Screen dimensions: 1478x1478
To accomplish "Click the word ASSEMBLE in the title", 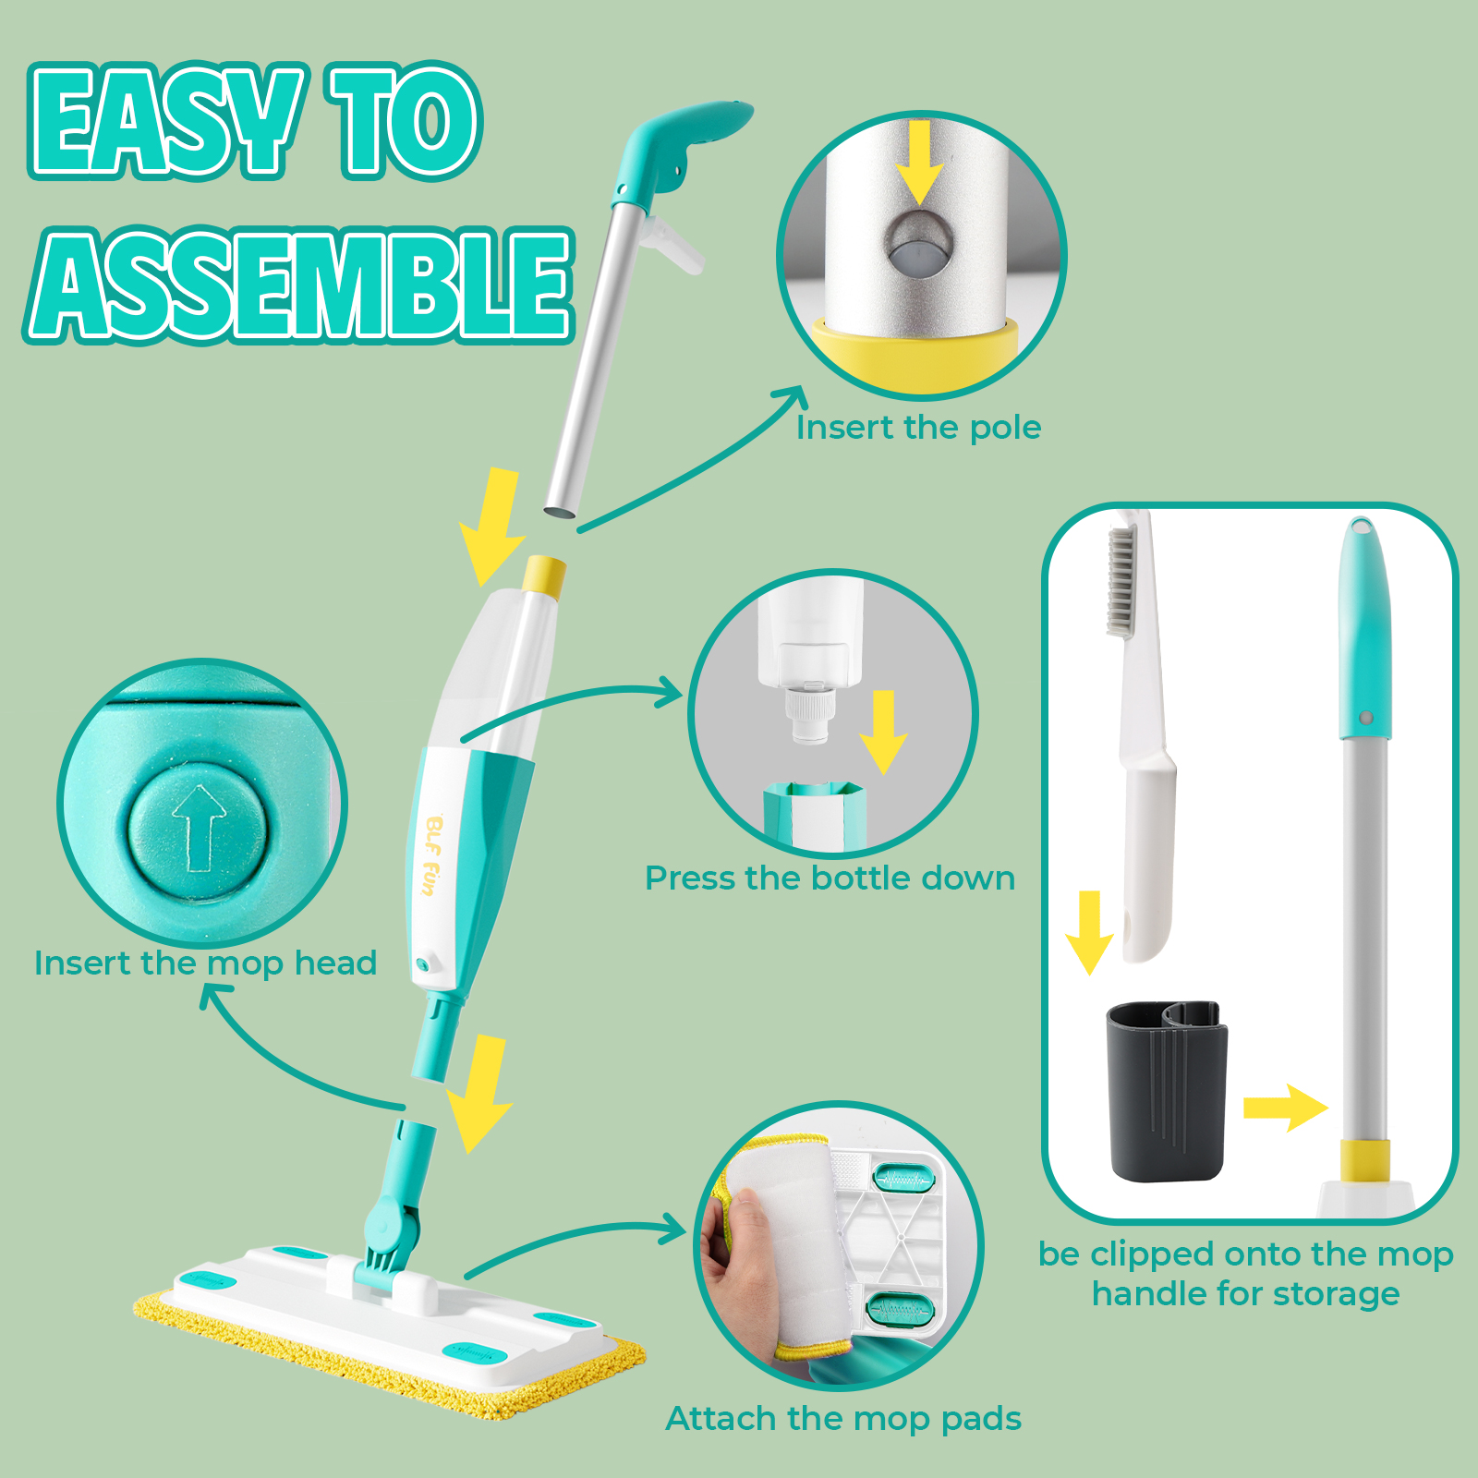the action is [x=298, y=285].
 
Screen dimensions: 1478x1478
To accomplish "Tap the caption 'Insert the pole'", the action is [x=919, y=428].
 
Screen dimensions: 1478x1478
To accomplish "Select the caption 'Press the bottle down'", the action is [x=830, y=878].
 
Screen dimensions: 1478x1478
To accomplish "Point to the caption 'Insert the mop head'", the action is [x=205, y=963].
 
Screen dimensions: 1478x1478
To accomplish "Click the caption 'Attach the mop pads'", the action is [x=843, y=1419].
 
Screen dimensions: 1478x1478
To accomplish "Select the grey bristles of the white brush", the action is [x=1121, y=581].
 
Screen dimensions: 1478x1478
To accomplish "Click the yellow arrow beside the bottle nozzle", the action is [x=884, y=733].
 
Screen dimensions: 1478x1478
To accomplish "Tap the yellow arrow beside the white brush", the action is [x=1089, y=932].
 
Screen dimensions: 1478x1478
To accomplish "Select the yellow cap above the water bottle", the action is [x=543, y=576].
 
